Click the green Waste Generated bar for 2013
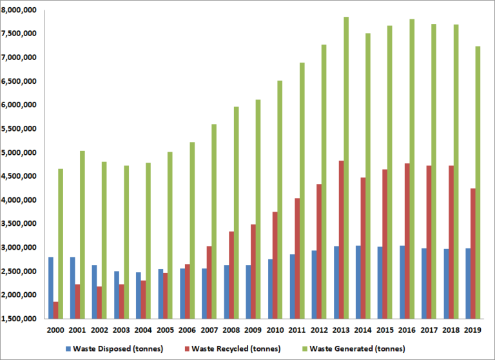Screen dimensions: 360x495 tap(346, 168)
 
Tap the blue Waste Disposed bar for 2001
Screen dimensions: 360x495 tap(72, 288)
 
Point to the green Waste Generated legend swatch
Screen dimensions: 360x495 tap(304, 348)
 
